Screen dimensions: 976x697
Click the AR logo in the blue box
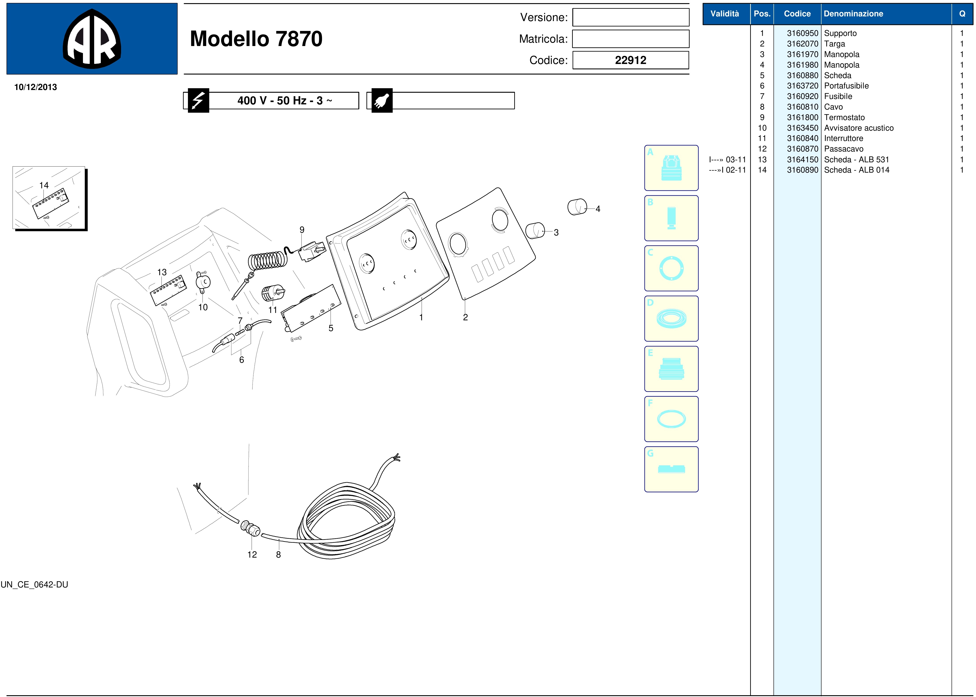[x=92, y=39]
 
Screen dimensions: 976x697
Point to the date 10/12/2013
[x=36, y=87]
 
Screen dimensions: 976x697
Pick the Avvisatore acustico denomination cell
[x=859, y=128]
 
